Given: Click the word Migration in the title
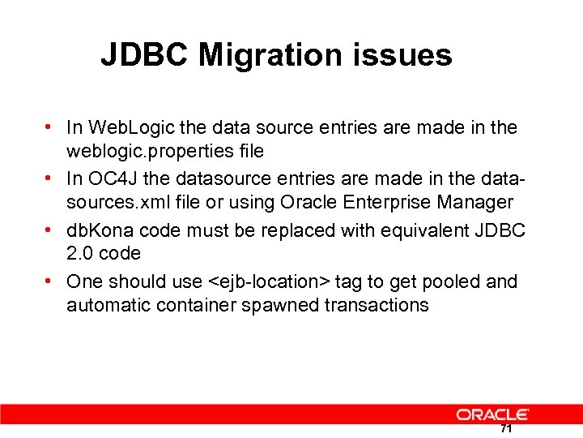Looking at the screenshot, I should point(268,55).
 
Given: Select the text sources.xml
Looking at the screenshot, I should point(116,202).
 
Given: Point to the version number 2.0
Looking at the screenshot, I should point(82,254).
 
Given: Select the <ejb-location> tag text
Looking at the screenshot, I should point(269,281).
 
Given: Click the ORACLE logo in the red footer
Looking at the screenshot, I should point(493,414).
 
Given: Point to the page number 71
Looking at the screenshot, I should point(506,428).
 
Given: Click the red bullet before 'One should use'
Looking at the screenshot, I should point(50,281).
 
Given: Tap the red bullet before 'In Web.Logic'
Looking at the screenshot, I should point(50,127).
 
